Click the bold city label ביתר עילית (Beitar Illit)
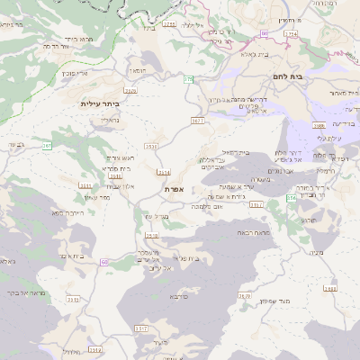point(99,104)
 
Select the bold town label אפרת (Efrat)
point(174,190)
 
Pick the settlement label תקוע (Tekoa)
point(308,220)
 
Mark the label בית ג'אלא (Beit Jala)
point(256,54)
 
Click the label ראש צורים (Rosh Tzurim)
point(121,158)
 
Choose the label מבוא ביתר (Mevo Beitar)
point(80,40)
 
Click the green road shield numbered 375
point(188,80)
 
